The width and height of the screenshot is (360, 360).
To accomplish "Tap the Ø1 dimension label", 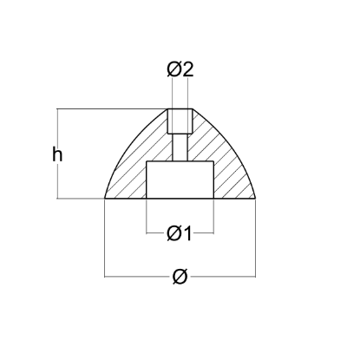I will (180, 232).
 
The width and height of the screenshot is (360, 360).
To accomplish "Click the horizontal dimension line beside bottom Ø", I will (139, 276).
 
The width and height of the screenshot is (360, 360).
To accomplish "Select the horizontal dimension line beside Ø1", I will (154, 232).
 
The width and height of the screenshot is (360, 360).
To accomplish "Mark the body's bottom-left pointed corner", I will (105, 199).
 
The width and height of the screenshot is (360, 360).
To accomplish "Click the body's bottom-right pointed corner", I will (254, 199).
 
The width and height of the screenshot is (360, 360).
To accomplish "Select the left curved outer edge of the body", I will (126, 147).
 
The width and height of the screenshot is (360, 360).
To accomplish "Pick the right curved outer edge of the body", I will (233, 147).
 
